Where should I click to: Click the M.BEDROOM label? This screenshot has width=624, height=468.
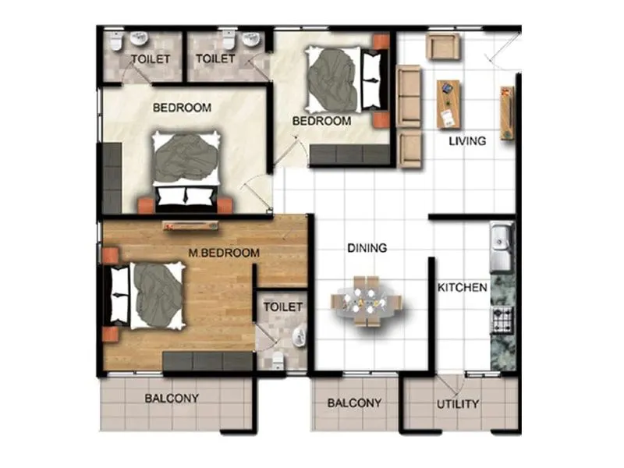point(224,253)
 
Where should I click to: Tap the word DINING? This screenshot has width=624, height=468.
point(367,248)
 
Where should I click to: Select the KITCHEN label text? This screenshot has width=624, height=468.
point(462,288)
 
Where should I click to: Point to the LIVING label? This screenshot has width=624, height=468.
point(467,141)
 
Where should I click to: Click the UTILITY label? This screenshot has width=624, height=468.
point(458,404)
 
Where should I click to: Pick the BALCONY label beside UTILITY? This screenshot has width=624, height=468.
point(354,403)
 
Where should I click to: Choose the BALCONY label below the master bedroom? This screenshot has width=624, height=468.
point(172,399)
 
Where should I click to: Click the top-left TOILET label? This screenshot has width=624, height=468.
point(150,58)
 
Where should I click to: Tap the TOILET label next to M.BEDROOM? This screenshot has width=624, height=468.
point(282,307)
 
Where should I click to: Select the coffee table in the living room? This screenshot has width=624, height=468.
point(448,104)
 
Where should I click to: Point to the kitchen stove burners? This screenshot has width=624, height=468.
point(502,318)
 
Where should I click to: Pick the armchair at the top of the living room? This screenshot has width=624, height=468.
point(443,46)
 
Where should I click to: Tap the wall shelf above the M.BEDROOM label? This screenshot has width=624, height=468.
point(190,226)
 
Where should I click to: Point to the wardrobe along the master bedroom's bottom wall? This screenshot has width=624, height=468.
point(208,360)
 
